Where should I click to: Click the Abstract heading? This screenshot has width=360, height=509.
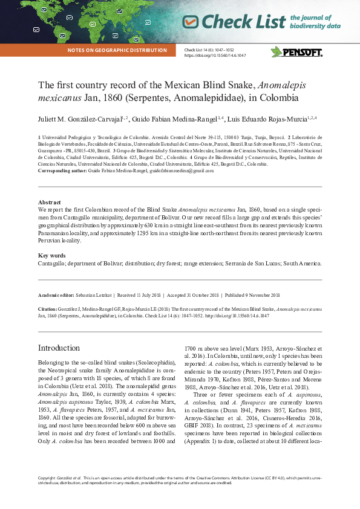(x=49, y=203)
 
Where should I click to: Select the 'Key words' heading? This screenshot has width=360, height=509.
(x=51, y=256)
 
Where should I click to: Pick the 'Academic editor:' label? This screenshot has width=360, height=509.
(x=56, y=295)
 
